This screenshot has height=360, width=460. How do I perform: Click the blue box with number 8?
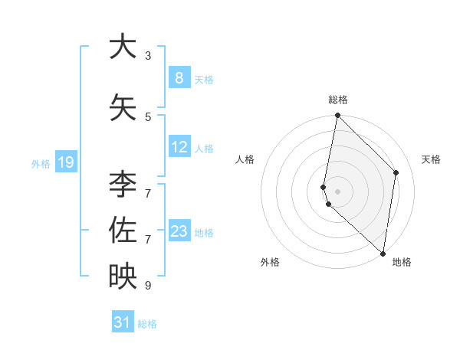[x=179, y=78]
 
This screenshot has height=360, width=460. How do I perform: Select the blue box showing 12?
[x=179, y=147]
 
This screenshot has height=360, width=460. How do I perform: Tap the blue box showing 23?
[x=179, y=231]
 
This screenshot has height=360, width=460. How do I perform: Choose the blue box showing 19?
[x=65, y=162]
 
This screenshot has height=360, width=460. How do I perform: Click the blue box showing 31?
[x=123, y=322]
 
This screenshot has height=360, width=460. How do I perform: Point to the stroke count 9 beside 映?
[x=148, y=286]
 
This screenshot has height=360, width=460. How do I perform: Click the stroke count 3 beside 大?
[x=148, y=56]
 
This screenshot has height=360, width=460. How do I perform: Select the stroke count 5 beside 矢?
[x=148, y=117]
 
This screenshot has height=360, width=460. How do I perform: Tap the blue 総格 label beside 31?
[x=148, y=324]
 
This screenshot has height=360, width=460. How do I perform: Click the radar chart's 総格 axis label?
[x=338, y=100]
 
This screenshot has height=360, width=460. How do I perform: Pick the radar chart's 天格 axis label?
[x=432, y=159]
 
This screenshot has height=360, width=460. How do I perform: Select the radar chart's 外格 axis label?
[x=270, y=262]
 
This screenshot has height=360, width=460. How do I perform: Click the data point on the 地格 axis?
[x=383, y=253]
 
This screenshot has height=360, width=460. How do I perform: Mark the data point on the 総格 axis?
[x=337, y=116]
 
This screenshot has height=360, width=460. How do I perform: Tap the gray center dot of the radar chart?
[x=337, y=191]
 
